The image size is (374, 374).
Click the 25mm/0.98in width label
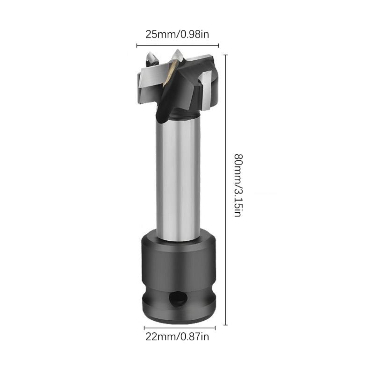pos(178,35)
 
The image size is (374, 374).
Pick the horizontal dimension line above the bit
pos(178,45)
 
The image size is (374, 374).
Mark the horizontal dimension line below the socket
pos(180,328)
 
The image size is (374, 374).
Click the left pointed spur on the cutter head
pos(151,60)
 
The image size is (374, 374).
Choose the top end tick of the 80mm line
pos(226,55)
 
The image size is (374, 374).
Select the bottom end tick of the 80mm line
pos(226,324)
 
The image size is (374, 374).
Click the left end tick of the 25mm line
pos(137,45)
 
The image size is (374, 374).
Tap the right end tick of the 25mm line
pos(219,45)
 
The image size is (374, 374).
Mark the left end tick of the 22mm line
pos(144,328)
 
